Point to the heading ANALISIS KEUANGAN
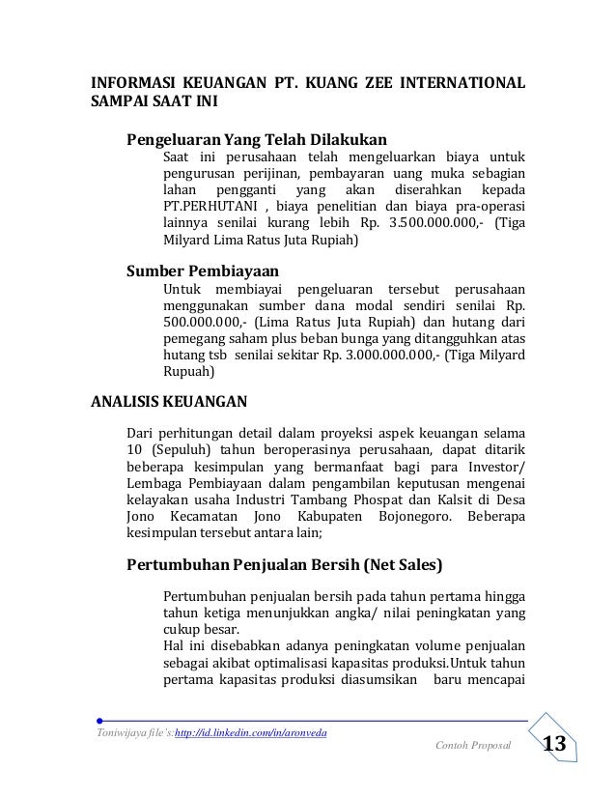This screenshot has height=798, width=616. point(168,401)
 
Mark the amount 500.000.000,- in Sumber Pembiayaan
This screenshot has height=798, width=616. point(202,324)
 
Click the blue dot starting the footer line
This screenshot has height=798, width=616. point(101,720)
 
